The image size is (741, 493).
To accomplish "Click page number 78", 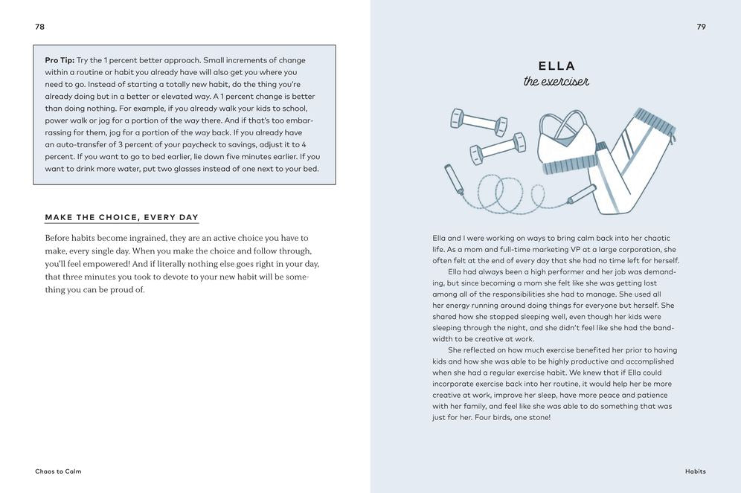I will [40, 27].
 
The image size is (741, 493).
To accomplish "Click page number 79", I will [701, 27].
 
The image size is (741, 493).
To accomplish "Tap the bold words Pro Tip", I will [60, 60].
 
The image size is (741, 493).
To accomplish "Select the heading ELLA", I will [556, 66].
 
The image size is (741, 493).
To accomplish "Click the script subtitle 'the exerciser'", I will [556, 81].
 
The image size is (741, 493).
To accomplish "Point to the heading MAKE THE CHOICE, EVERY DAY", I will [121, 218].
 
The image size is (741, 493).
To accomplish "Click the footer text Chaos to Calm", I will [58, 471].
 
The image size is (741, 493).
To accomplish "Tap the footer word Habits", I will [696, 471].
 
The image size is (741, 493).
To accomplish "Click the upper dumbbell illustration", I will [478, 122].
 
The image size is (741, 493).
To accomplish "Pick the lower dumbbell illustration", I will [498, 148].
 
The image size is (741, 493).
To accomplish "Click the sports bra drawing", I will [568, 145].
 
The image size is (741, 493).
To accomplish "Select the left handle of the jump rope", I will [453, 179].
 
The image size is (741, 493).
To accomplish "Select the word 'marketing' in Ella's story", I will [570, 250].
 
